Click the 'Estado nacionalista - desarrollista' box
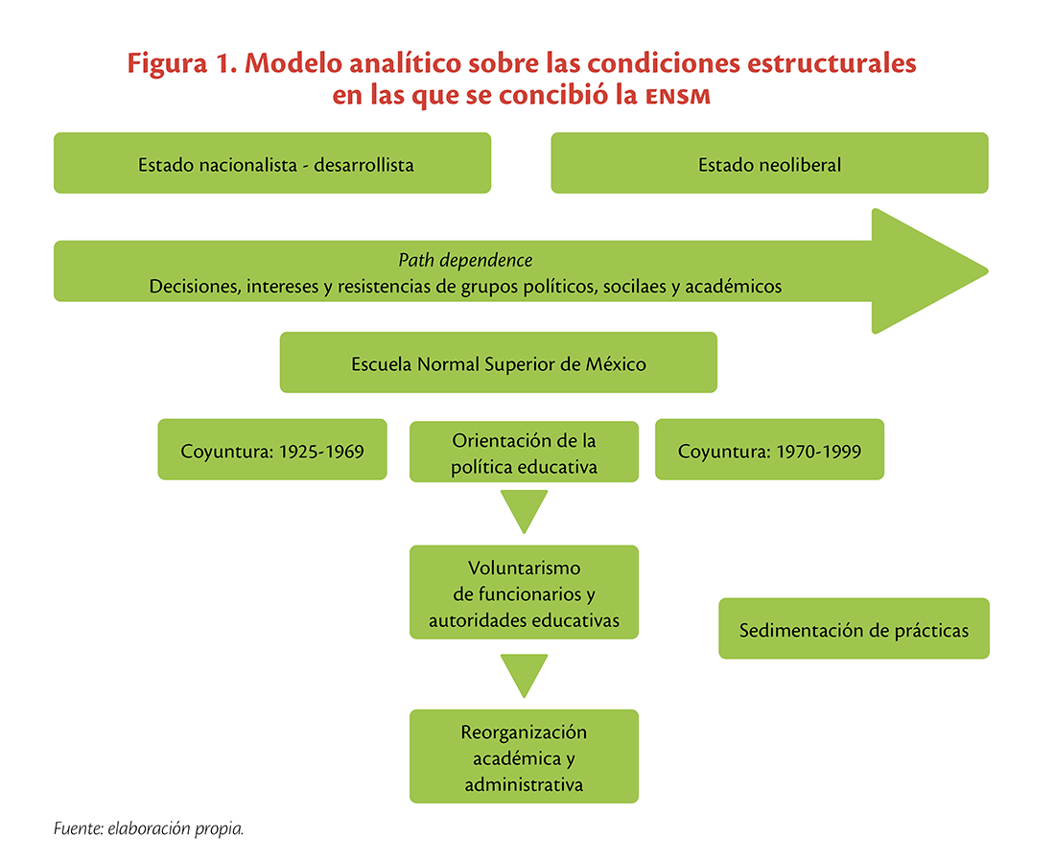click(x=272, y=163)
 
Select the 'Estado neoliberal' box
click(x=770, y=163)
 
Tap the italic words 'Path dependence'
click(x=465, y=260)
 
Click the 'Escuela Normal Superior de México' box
click(x=499, y=362)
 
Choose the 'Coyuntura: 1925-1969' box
click(x=272, y=449)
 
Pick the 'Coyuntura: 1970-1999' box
click(x=770, y=449)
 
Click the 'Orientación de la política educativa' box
click(x=524, y=452)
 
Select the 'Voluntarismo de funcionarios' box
click(x=524, y=592)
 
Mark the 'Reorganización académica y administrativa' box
click(x=524, y=756)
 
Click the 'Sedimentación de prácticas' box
click(x=854, y=628)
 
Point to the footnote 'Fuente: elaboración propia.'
click(x=149, y=828)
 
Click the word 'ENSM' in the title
click(x=678, y=96)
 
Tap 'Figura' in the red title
click(x=168, y=64)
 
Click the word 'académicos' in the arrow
click(x=734, y=287)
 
